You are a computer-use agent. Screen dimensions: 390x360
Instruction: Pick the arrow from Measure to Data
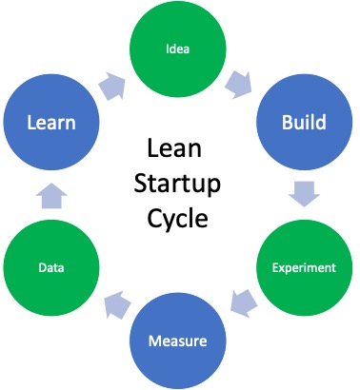coord(116,305)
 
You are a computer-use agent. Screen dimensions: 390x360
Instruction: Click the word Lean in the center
coord(178,150)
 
